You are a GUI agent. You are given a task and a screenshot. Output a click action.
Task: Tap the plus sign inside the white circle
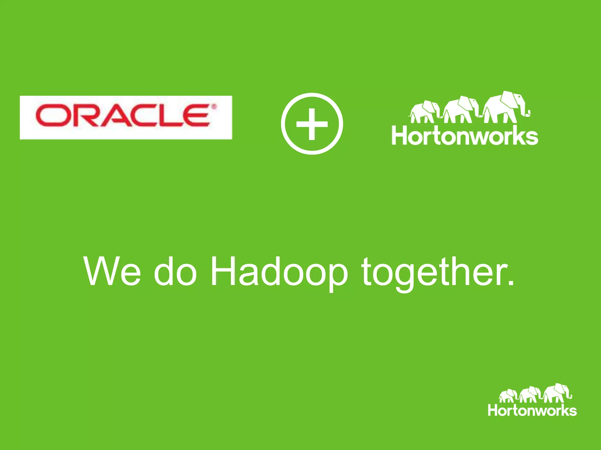(312, 124)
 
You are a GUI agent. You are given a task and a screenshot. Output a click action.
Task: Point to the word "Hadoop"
(279, 272)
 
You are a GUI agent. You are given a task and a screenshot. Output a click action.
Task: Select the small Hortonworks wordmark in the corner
(532, 410)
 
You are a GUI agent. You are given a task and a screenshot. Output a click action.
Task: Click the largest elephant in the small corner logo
(557, 393)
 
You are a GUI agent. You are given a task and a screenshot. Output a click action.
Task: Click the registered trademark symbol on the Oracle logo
(214, 107)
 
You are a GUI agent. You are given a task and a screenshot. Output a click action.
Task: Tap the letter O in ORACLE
(51, 116)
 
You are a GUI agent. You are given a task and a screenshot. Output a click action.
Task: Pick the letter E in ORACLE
(196, 116)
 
